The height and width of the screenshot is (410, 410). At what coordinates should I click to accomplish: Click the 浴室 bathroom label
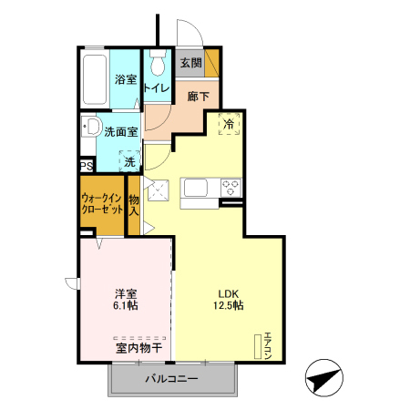pos(126,80)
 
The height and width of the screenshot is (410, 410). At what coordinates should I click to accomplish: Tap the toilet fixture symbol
pos(159,64)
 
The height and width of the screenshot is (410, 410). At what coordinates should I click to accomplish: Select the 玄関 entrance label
pos(190,63)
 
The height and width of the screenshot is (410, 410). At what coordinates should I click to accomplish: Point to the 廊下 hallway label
pos(198,96)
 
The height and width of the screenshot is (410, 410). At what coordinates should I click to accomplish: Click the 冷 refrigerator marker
pos(228,123)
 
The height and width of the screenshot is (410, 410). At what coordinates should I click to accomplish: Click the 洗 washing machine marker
pos(129,160)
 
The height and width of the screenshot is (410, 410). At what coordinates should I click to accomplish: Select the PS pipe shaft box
pos(87,166)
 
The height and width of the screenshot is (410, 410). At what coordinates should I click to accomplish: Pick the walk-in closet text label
pos(102,203)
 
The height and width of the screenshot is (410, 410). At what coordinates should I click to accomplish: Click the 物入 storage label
pos(134,206)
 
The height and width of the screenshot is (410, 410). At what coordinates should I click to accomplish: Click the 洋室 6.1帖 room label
pos(127,300)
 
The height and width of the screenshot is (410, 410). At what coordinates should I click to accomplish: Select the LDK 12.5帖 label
pos(229,300)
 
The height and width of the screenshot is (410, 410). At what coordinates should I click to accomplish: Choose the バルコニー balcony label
pos(170,378)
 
